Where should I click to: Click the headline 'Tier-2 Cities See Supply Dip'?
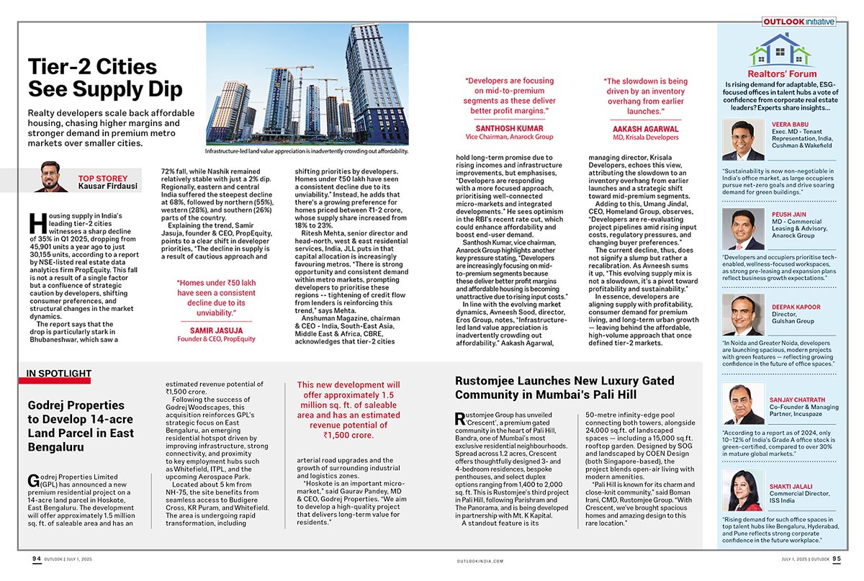coord(104,78)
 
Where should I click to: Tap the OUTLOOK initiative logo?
coord(799,22)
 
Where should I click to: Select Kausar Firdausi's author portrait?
coord(51,177)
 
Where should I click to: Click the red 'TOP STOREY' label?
coord(102,178)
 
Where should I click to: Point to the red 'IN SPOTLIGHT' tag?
coord(58,373)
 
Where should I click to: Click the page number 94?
coord(37,559)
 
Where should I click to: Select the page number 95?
coord(836,559)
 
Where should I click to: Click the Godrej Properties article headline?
coord(81,425)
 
